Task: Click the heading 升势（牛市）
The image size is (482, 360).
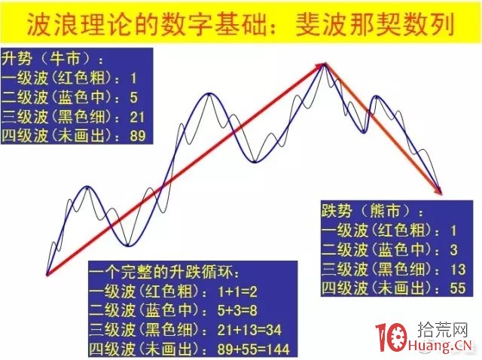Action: coord(53,58)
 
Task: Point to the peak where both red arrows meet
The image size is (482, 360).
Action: coord(324,66)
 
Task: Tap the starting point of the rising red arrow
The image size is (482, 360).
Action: coord(47,275)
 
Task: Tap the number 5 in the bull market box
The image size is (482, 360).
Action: coord(133,96)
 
